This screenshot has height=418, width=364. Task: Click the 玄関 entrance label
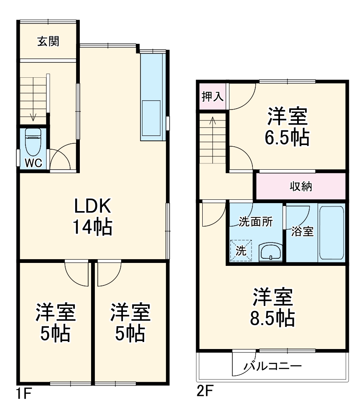(x=48, y=41)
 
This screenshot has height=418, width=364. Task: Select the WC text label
(x=33, y=163)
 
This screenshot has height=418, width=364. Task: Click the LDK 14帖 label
(x=92, y=217)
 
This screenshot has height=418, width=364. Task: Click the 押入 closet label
(x=212, y=97)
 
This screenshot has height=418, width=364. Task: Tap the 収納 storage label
(x=301, y=186)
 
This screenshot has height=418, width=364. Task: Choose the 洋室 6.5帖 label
(x=288, y=126)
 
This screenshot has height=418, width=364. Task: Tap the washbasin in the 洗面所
(x=271, y=252)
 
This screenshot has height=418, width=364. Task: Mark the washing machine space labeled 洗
(x=242, y=250)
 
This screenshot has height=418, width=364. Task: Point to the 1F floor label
(x=23, y=393)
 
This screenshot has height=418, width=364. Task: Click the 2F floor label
(x=205, y=392)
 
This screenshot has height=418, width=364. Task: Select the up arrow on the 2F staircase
(x=212, y=121)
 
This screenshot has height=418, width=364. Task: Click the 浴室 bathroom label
(x=302, y=232)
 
